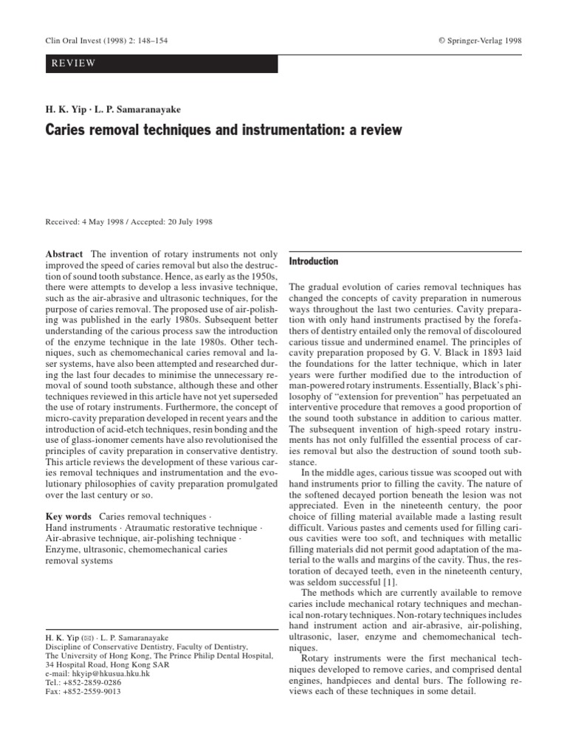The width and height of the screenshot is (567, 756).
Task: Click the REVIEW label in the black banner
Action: tap(73, 63)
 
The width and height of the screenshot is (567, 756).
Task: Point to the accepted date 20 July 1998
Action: tap(190, 220)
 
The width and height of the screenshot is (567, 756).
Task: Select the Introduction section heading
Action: tap(313, 261)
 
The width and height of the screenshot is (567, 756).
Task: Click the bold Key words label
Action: tap(69, 517)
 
